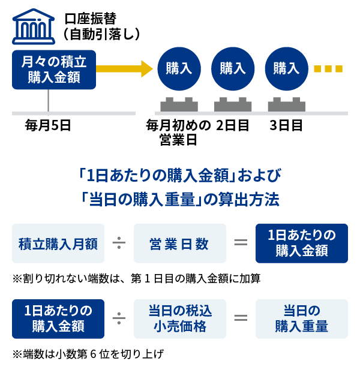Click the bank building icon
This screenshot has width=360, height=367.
coord(34,26)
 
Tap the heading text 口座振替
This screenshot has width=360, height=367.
coord(91,19)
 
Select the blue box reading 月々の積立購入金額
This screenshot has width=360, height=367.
coord(54,70)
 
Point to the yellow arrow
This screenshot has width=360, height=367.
coord(124,68)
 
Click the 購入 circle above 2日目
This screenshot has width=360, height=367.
coord(233,68)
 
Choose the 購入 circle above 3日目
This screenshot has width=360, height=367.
coord(286,68)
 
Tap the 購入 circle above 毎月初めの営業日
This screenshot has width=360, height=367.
coord(179,68)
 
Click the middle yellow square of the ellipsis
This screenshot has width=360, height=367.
coord(328,69)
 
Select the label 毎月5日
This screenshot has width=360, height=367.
coord(48,125)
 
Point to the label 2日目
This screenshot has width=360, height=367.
coord(232,125)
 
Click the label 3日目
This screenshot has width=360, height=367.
coord(286,125)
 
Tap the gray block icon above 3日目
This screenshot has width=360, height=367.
coord(287,104)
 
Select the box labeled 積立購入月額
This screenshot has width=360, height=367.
coord(58,243)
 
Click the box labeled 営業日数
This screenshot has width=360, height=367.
coord(180,243)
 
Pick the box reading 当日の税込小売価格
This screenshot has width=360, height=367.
coord(180,319)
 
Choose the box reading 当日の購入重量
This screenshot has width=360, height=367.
coord(302,319)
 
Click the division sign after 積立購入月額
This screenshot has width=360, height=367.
coord(119,243)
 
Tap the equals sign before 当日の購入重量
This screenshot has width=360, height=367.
coord(241,318)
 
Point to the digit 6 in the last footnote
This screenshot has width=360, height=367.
coord(93,354)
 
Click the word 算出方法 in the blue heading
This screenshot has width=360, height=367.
coord(249,200)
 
